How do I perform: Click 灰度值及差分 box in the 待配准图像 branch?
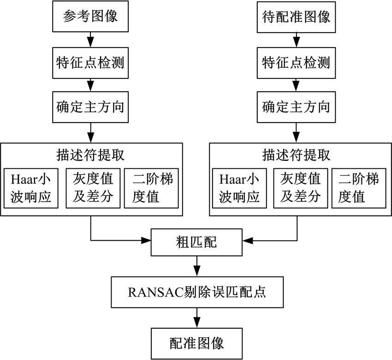click(x=301, y=189)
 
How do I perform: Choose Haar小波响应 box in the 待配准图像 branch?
click(x=240, y=189)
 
